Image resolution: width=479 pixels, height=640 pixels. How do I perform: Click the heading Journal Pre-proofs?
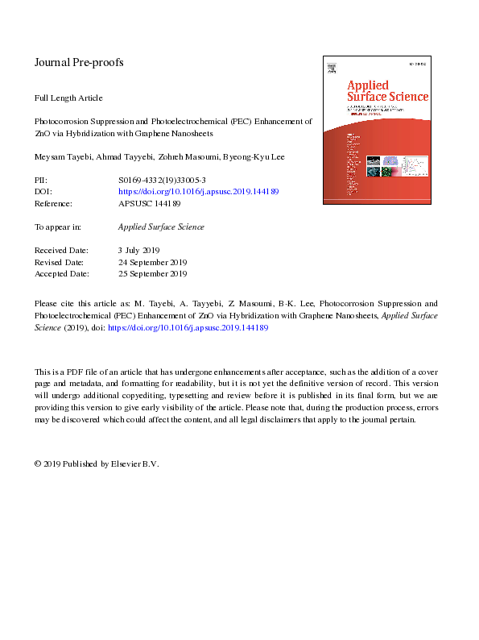(x=79, y=62)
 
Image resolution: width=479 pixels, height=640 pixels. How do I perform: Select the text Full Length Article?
(x=68, y=98)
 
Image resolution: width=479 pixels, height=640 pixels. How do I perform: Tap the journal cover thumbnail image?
(x=376, y=129)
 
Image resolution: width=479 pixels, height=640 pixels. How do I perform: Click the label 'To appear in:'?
(x=61, y=226)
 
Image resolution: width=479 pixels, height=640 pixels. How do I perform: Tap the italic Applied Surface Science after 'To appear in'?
(x=161, y=226)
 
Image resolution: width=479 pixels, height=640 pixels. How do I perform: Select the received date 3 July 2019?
(x=138, y=250)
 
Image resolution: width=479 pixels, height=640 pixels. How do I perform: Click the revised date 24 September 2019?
(x=152, y=262)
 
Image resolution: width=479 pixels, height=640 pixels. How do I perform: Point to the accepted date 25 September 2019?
(x=152, y=273)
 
